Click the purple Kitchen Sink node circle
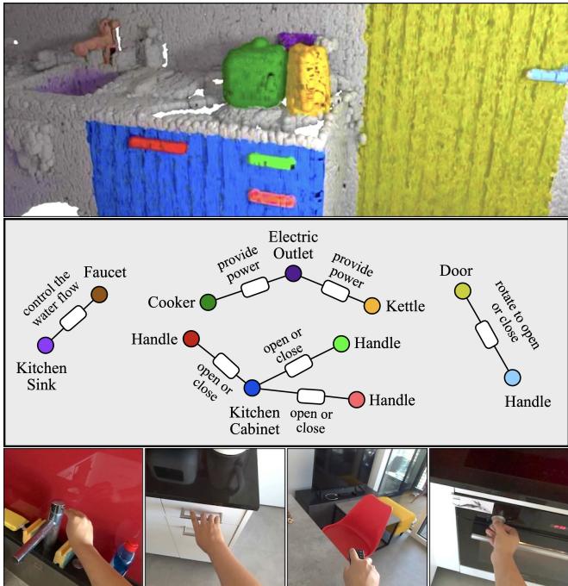46,346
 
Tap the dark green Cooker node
208,302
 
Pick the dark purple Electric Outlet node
293,273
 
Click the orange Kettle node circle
372,306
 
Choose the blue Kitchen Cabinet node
252,388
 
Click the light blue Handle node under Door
512,377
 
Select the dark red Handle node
191,339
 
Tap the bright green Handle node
340,343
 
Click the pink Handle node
356,399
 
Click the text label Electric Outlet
293,246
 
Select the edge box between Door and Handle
487,334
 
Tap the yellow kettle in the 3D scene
308,80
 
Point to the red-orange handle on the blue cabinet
158,146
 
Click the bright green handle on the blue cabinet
272,159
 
